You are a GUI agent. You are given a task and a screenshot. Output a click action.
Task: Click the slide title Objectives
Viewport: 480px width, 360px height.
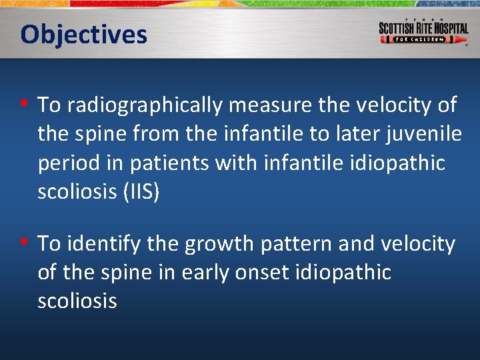(83, 34)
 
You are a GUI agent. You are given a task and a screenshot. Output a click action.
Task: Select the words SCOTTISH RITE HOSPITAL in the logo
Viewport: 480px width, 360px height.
(423, 28)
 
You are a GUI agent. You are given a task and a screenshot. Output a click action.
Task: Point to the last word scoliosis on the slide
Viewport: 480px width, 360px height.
(77, 301)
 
